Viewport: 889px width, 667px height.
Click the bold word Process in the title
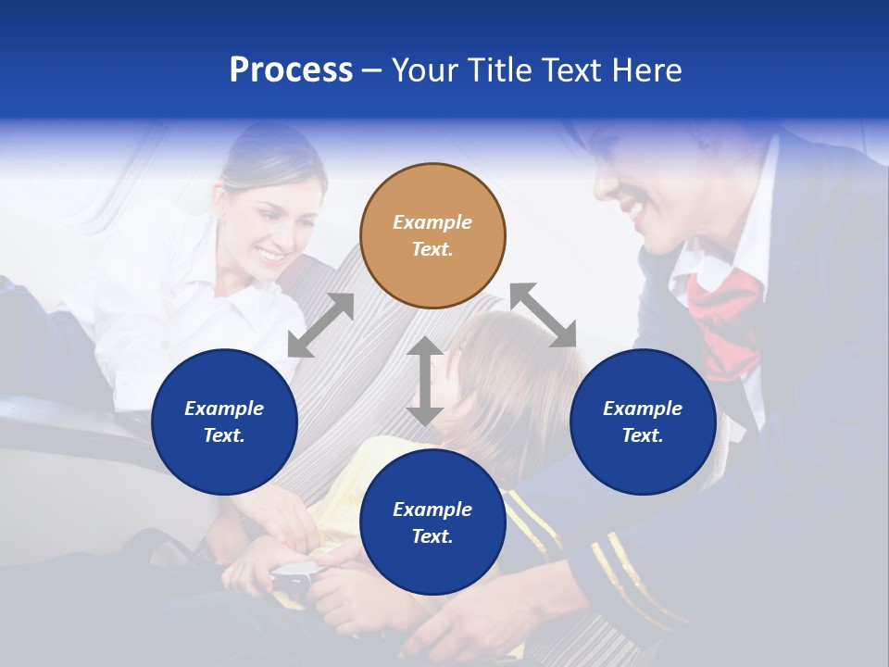(x=291, y=70)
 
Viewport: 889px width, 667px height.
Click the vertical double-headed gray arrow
(x=424, y=381)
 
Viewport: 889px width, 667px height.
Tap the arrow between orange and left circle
(x=320, y=325)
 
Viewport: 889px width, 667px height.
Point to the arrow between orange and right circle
(x=543, y=315)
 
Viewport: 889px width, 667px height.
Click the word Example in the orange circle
(x=432, y=222)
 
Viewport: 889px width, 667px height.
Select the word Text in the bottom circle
(x=432, y=536)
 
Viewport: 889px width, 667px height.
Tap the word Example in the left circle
(x=224, y=409)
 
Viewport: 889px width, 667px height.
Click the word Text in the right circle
(x=643, y=435)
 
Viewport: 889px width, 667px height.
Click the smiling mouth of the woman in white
(x=270, y=253)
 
